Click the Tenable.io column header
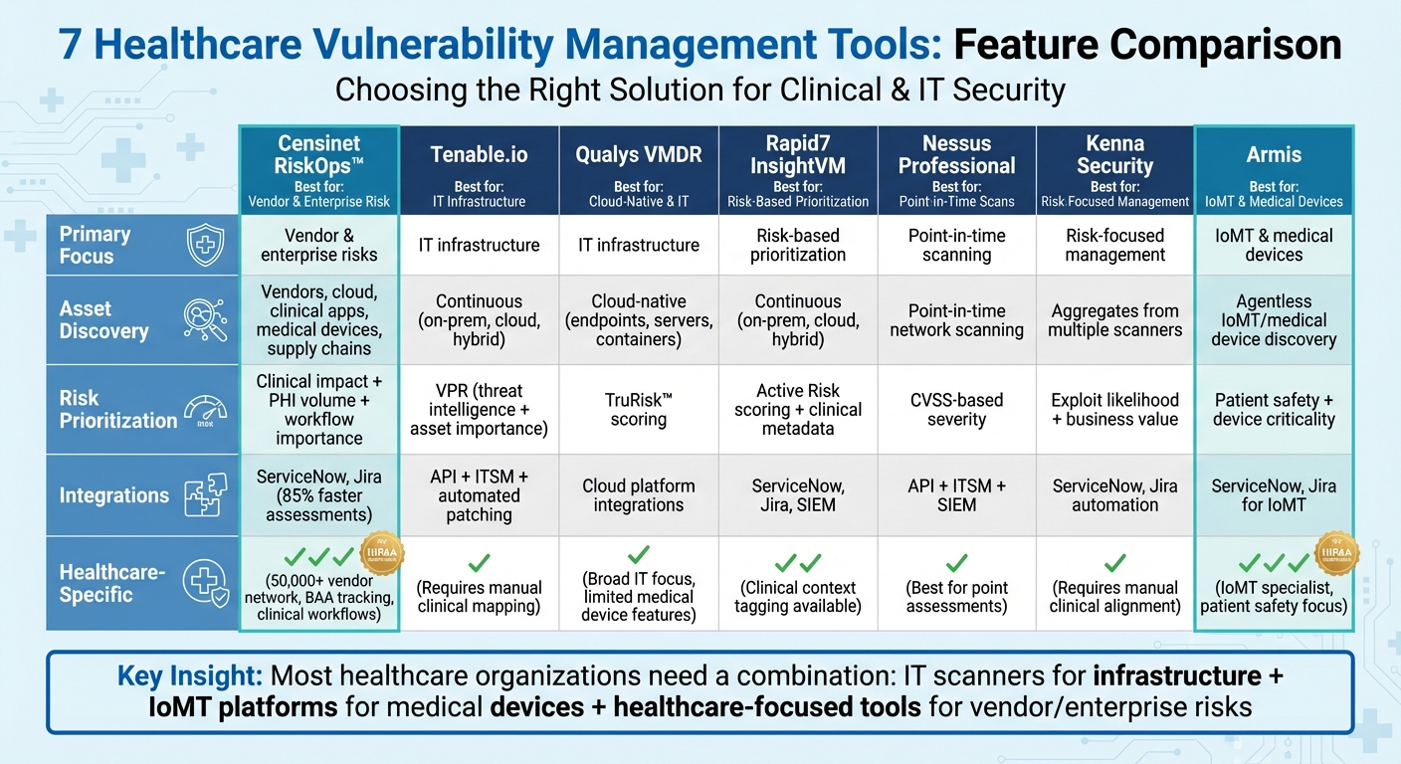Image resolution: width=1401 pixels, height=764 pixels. point(479,155)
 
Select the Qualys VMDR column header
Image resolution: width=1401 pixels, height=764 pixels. point(638,155)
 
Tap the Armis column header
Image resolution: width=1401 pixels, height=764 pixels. point(1274,155)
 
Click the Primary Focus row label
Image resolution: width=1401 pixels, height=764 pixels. point(95,245)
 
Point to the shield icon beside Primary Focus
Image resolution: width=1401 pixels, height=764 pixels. point(206,245)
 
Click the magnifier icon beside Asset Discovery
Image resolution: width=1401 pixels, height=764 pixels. point(206,319)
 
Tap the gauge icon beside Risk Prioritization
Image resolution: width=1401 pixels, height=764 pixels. point(206,409)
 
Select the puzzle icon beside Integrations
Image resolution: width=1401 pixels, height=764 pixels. point(206,495)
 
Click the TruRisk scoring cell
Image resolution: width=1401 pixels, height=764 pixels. point(638,409)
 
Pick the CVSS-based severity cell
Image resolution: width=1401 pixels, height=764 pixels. point(956,409)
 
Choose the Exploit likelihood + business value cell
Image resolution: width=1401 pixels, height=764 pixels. point(1114,409)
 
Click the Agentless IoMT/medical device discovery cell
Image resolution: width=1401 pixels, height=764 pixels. point(1274,319)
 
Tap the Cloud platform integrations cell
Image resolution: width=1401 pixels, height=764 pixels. point(638,495)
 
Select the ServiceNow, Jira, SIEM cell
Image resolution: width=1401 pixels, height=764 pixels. point(798,495)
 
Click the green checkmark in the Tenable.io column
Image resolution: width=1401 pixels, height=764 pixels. point(479,562)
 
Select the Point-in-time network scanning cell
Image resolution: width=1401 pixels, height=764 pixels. point(956,319)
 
